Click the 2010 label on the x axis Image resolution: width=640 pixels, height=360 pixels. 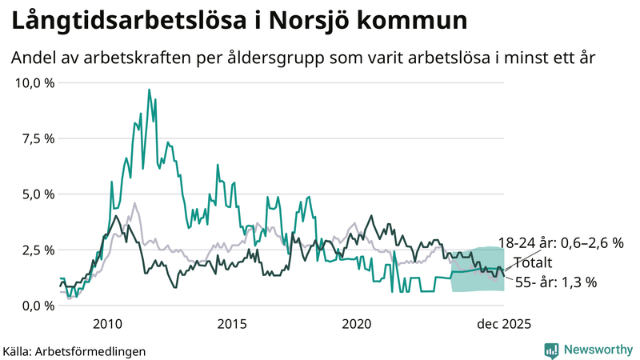(x=107, y=324)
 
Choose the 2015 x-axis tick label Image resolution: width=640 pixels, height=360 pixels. (x=232, y=324)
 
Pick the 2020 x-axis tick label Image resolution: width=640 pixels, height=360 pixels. (x=357, y=324)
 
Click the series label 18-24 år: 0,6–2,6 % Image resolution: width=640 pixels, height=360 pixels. (x=560, y=243)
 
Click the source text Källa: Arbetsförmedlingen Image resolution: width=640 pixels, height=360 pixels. (x=74, y=350)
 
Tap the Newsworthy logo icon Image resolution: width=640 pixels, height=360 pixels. (x=551, y=350)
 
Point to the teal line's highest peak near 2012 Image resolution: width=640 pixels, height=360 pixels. (x=149, y=90)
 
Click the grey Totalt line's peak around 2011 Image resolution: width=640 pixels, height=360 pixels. (x=134, y=203)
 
